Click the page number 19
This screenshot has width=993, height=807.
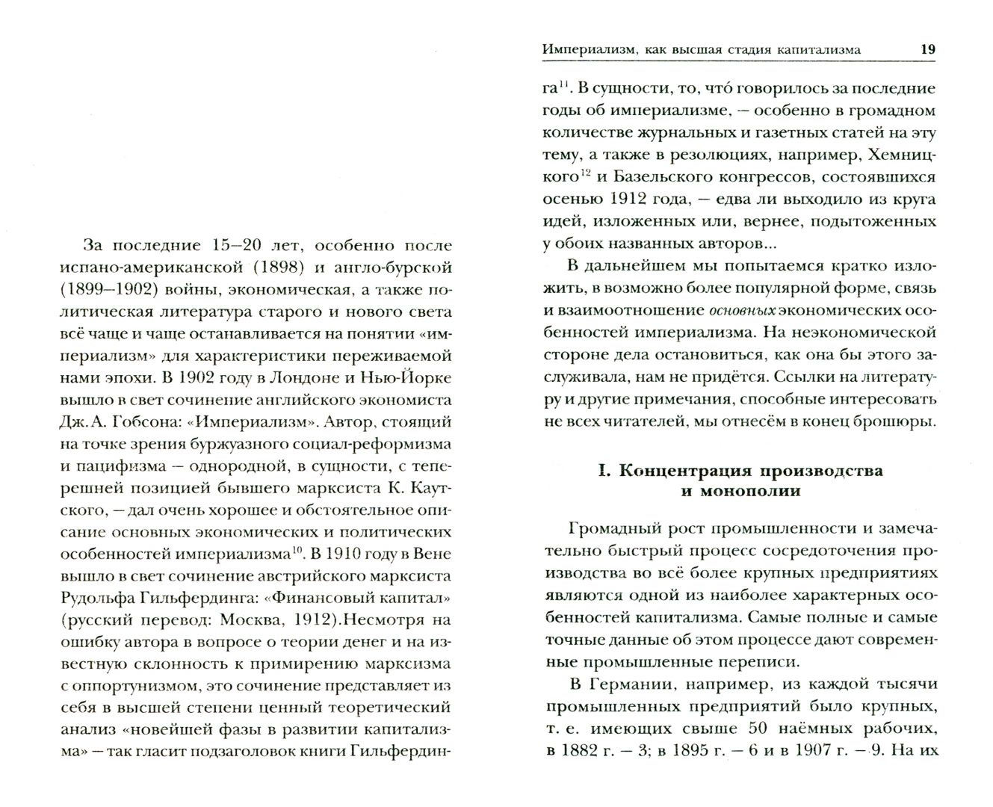pos(927,49)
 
